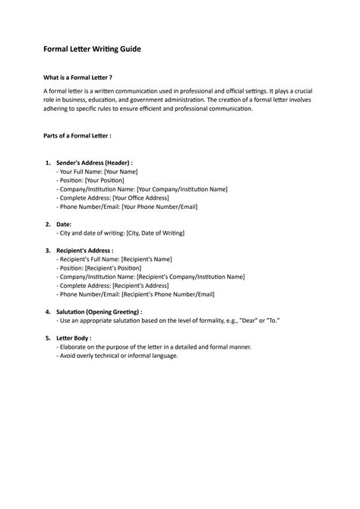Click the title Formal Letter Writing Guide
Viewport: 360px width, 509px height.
(92, 49)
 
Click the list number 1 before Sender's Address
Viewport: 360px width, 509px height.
(47, 163)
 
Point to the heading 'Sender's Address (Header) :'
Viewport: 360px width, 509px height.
(95, 163)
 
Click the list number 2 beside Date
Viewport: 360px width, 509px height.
(47, 224)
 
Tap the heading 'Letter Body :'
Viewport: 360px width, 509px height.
(74, 338)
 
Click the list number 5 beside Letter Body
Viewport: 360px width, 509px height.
(47, 338)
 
